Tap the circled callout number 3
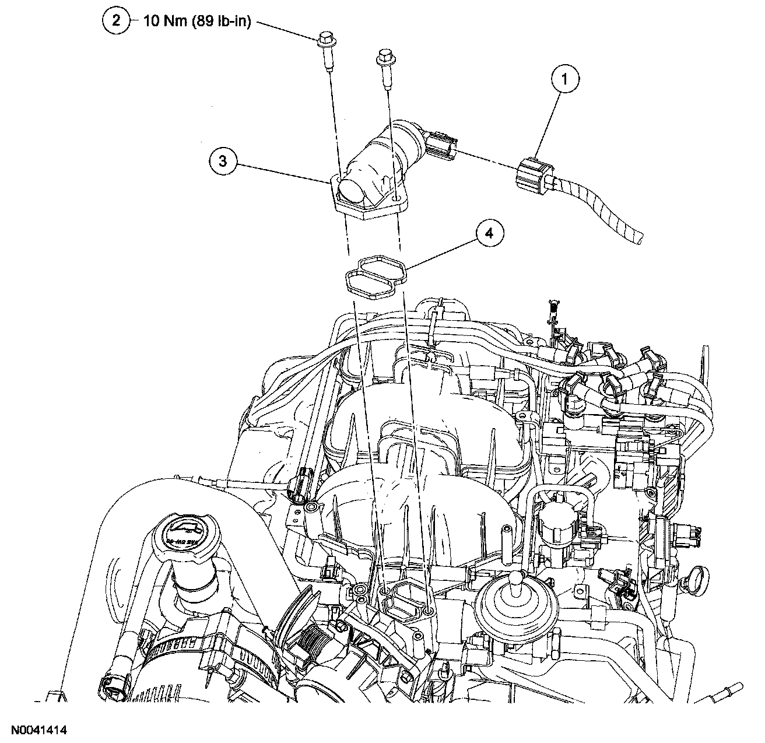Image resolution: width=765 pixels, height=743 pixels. click(x=223, y=162)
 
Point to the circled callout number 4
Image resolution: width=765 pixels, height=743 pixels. click(x=489, y=233)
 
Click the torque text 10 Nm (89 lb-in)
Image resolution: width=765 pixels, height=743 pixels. click(x=196, y=22)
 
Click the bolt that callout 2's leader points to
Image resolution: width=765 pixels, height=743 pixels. click(x=324, y=47)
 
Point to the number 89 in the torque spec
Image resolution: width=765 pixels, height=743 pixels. click(x=201, y=22)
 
